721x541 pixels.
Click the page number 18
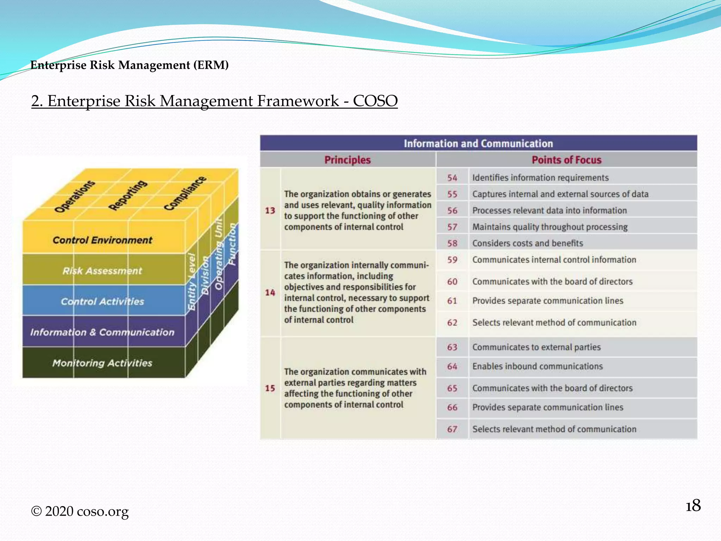693,506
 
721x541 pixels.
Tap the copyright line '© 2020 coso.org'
80,511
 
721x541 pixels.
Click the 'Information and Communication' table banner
478,143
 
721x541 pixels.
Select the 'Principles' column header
347,160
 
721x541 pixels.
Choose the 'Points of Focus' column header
566,160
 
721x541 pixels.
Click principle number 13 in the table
270,211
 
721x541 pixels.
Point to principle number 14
270,293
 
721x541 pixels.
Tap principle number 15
270,388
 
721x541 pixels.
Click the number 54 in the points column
452,178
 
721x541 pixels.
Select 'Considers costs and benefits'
527,243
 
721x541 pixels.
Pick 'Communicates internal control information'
554,260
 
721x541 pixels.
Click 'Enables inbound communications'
537,366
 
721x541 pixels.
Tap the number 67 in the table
452,429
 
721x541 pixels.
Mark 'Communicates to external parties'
536,347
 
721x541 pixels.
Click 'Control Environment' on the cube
102,240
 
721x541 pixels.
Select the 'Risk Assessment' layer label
102,271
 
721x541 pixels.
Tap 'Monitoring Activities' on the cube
102,363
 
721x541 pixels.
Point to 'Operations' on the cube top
75,197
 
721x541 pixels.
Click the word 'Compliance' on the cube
185,193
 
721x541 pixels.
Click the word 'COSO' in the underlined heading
375,101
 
